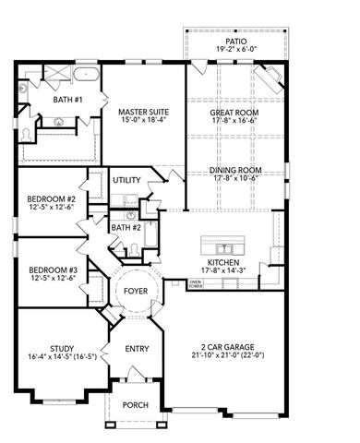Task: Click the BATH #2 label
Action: [126, 227]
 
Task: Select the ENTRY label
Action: [137, 349]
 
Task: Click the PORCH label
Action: [136, 404]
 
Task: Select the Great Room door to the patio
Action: [199, 63]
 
